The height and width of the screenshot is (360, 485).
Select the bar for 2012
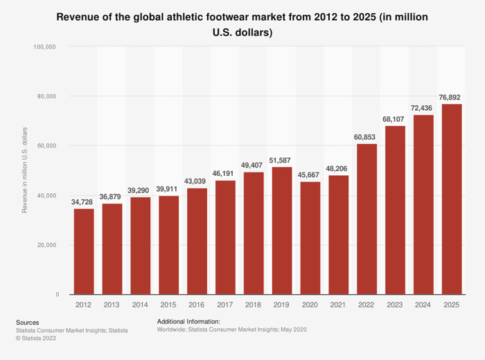pos(84,252)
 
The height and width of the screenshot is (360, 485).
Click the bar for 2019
pos(282,231)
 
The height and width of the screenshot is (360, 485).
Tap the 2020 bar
pos(310,238)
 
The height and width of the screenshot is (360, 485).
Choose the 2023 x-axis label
pos(395,305)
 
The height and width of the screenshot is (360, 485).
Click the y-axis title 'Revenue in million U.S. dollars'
pos(25,170)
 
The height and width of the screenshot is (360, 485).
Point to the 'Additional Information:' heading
pos(188,322)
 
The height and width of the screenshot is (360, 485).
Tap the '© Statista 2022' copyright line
pos(35,339)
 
